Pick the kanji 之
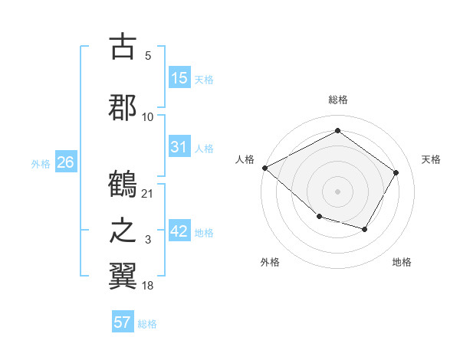[123, 231]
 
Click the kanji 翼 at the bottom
[123, 273]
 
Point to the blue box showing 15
[179, 78]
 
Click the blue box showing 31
[179, 147]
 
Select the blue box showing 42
[179, 231]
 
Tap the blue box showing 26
[65, 162]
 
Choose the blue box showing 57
[123, 322]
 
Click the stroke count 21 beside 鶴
[148, 193]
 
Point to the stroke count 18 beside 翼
[148, 285]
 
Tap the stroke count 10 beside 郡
[148, 116]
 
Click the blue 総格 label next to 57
[147, 324]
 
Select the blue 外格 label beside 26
[41, 164]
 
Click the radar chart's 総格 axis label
[337, 100]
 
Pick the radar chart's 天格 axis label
[431, 159]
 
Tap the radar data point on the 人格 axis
[264, 168]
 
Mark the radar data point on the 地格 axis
[365, 229]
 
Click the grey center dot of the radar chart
[337, 191]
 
